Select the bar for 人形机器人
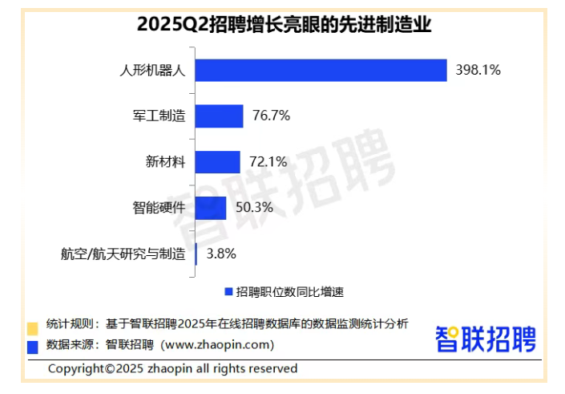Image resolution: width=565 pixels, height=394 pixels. point(321,70)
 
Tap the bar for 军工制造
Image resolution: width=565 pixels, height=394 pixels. point(219,116)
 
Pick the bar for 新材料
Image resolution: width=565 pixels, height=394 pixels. point(217,162)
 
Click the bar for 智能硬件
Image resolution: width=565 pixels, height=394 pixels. point(211,208)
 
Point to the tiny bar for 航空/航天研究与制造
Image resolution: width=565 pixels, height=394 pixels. point(196,254)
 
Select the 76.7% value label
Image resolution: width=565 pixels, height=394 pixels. point(270,116)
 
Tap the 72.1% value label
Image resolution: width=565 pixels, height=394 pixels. point(268,162)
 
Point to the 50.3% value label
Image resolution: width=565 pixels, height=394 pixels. point(253,208)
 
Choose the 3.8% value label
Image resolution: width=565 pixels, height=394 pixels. point(220,254)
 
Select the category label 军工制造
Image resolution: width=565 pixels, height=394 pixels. point(159,116)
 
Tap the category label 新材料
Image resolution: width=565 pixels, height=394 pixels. point(164,162)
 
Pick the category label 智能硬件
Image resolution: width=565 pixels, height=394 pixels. point(159,208)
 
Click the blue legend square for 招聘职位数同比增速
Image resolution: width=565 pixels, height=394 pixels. point(228,290)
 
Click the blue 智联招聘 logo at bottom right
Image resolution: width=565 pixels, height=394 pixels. point(486,338)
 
